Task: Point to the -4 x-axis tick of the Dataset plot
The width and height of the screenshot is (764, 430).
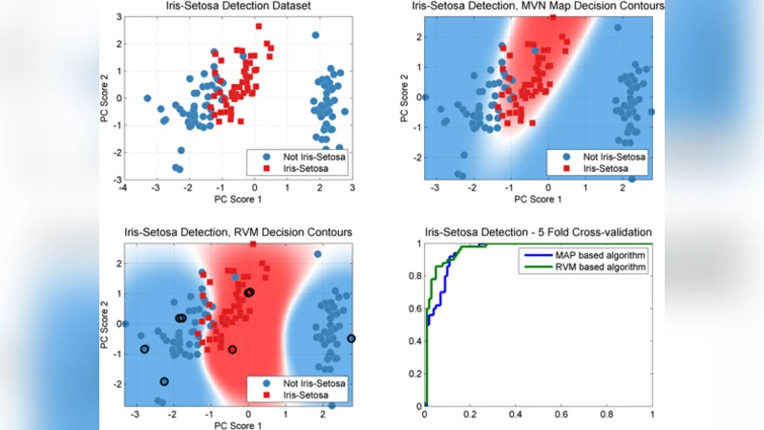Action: pyautogui.click(x=123, y=189)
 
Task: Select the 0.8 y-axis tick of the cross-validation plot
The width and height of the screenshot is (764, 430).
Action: pyautogui.click(x=414, y=276)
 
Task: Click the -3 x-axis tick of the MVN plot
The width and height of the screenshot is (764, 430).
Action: pyautogui.click(x=435, y=189)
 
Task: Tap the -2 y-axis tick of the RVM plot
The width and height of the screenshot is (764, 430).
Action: pyautogui.click(x=118, y=384)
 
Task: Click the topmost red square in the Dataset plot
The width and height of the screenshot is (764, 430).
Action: pyautogui.click(x=259, y=27)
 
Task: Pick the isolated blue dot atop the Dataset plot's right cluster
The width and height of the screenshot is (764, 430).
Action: pyautogui.click(x=316, y=35)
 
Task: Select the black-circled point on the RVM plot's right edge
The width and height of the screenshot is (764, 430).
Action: pyautogui.click(x=351, y=338)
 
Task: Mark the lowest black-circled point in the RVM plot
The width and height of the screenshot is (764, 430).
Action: pyautogui.click(x=164, y=381)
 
